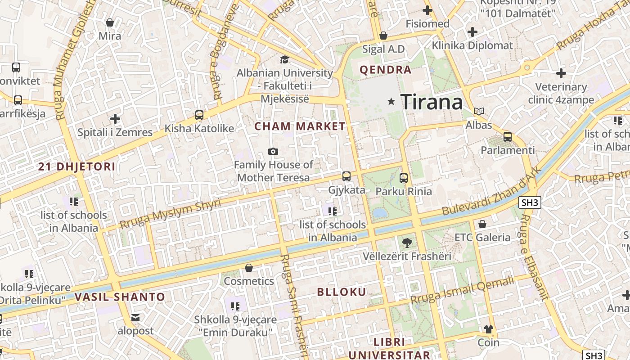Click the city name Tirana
(432, 102)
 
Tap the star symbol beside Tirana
(391, 102)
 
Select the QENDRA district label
(386, 70)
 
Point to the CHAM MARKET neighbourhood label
(300, 126)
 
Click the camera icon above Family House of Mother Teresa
(273, 151)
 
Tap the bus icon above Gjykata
(346, 176)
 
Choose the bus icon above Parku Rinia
(403, 178)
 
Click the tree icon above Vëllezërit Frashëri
(407, 243)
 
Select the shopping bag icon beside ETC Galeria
(482, 224)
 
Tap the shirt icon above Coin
(489, 330)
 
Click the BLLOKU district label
(342, 292)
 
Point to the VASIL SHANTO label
(120, 297)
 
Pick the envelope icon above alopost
(135, 318)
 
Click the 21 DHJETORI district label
(76, 167)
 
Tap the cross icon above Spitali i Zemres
(115, 119)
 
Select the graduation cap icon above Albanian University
(284, 59)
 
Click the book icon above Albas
(479, 111)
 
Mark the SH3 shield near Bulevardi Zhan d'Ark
(530, 202)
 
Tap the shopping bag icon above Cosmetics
(248, 268)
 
